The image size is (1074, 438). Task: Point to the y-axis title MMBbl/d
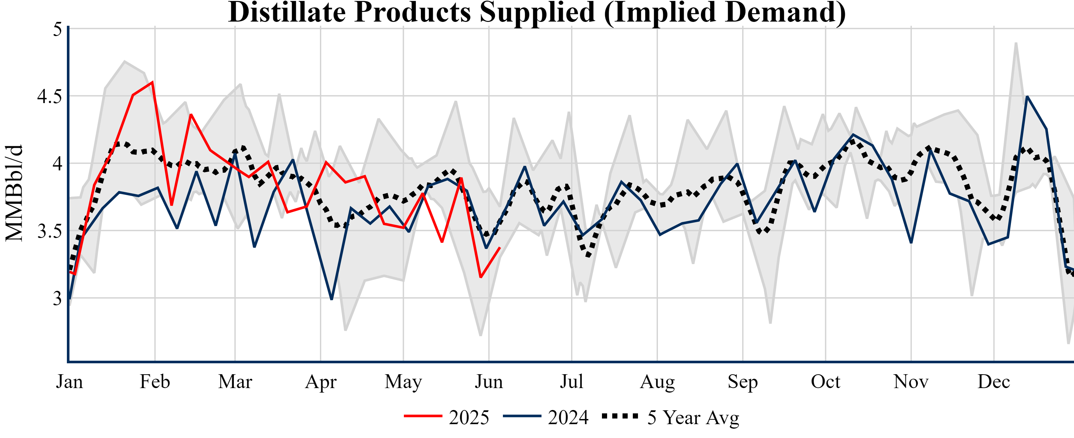click(14, 193)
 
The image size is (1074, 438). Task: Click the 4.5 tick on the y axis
click(50, 96)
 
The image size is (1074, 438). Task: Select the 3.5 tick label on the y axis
click(50, 231)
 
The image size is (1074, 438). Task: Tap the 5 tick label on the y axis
click(58, 29)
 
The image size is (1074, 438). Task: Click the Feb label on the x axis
click(155, 382)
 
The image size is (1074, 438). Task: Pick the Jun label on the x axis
click(489, 382)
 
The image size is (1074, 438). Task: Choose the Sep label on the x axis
click(742, 382)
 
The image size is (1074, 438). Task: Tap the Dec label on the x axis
click(994, 382)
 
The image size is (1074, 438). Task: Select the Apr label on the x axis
click(321, 382)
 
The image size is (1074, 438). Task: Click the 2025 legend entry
click(447, 417)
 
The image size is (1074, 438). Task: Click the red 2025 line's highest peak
click(153, 82)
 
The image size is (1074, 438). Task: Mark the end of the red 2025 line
click(500, 248)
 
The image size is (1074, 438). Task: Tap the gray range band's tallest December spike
click(1016, 43)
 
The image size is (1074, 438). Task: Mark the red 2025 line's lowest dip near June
click(481, 277)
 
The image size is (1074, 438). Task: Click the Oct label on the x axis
click(825, 382)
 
